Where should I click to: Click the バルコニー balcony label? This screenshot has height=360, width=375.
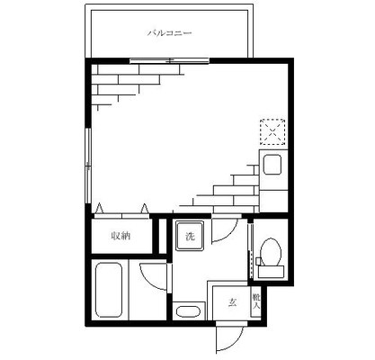pos(169,32)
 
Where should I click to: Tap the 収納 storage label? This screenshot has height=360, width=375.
pos(121,236)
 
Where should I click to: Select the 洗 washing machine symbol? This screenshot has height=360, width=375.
pos(190,236)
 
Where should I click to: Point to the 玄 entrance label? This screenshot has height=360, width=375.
pos(232,302)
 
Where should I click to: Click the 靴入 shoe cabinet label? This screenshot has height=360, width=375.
pos(255,301)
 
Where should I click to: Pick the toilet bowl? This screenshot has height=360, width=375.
pos(271,252)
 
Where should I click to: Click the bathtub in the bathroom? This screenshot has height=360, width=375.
pos(109,290)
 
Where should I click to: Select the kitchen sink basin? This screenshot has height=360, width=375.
pos(272,165)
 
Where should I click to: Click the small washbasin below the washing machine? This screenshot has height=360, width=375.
pos(188,311)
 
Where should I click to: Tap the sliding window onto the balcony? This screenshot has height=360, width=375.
pos(169,61)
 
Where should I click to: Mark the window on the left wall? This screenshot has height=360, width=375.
pos(88,166)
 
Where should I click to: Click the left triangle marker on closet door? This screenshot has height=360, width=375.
pos(99,209)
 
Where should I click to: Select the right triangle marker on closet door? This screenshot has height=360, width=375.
pos(145,209)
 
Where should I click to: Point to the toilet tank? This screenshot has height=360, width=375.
pos(271,272)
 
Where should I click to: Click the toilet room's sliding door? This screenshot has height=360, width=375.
pos(251,250)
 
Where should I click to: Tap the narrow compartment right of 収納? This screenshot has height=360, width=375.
pos(162,236)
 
